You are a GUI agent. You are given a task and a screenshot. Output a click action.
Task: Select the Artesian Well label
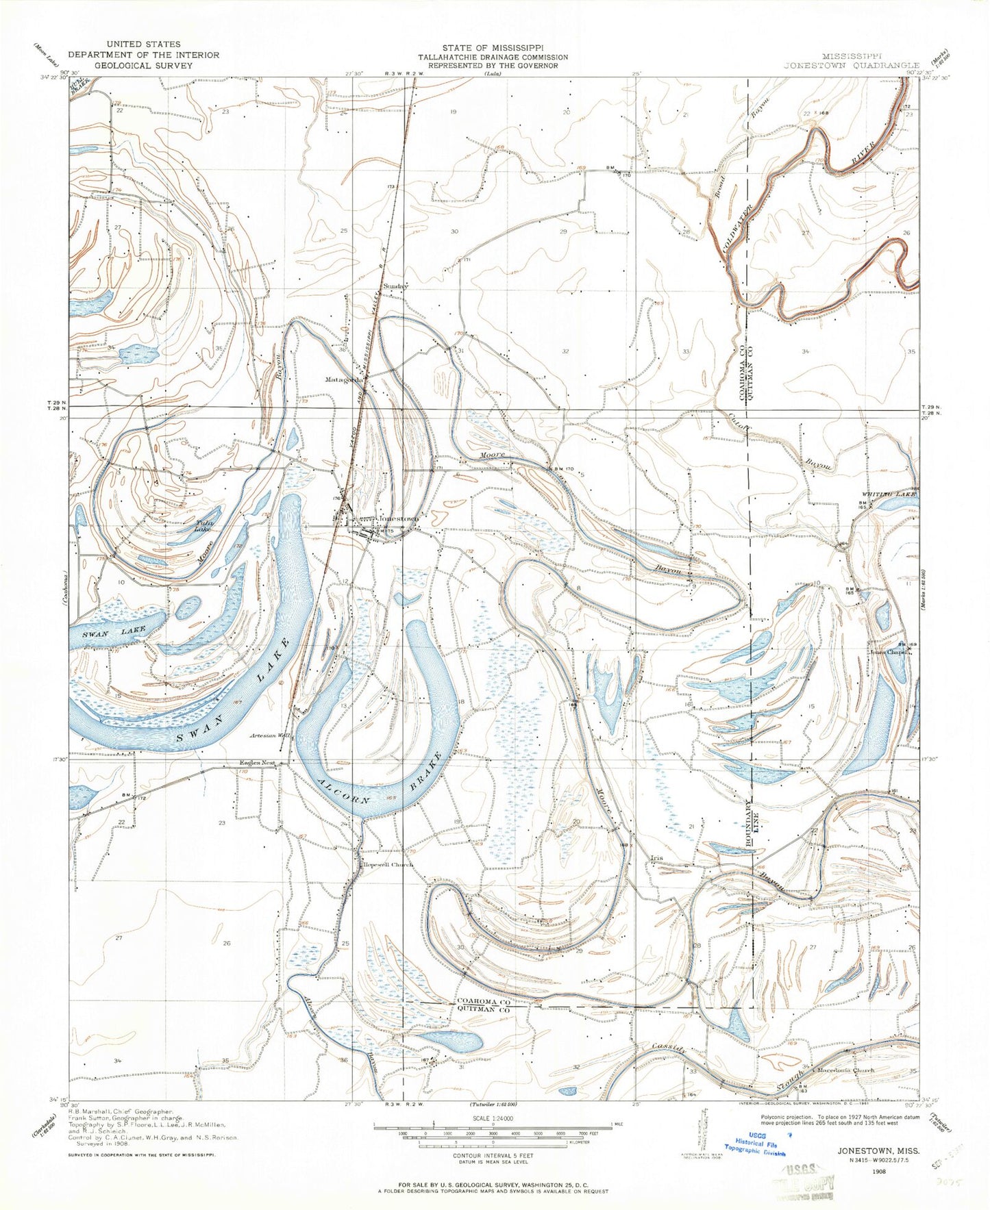click(271, 735)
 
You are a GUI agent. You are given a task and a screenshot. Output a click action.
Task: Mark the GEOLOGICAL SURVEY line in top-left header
click(143, 66)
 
